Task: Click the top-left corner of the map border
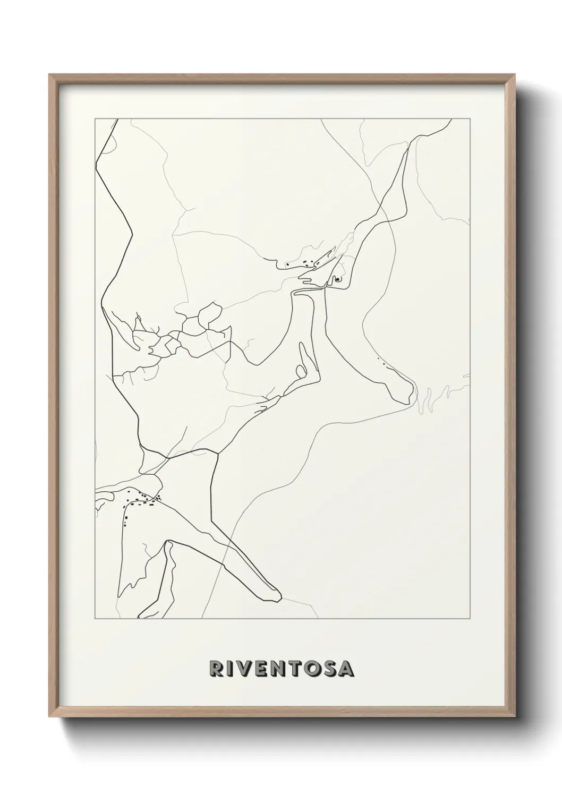click(95, 119)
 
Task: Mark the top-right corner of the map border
click(469, 119)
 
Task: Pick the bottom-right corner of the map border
click(469, 619)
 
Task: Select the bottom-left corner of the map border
click(95, 619)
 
